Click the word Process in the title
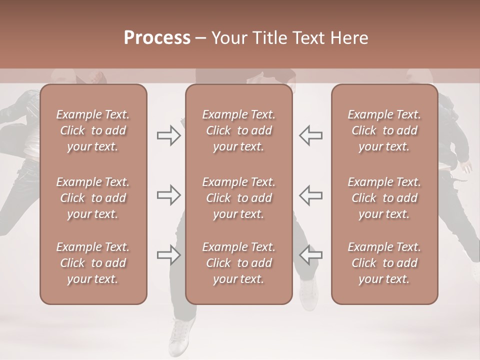click(x=157, y=38)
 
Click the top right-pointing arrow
click(x=168, y=135)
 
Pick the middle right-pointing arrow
click(x=168, y=195)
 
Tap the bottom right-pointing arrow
click(x=168, y=255)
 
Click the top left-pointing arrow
click(x=310, y=135)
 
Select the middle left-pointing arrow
click(x=310, y=195)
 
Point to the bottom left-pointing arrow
click(x=310, y=255)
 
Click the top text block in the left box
click(x=93, y=130)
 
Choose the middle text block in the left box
click(x=93, y=198)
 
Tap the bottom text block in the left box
click(x=93, y=263)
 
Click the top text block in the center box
click(x=238, y=130)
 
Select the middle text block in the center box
click(x=238, y=198)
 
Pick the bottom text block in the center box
click(x=238, y=263)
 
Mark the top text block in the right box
click(x=384, y=130)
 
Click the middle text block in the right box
click(x=384, y=198)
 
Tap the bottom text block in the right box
click(x=384, y=263)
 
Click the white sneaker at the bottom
click(x=181, y=335)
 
